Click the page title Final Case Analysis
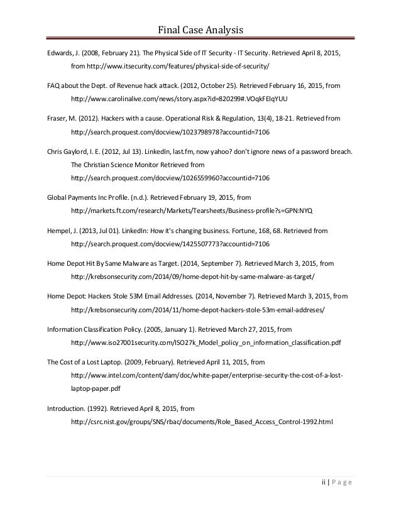click(x=200, y=29)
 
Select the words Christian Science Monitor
click(x=120, y=164)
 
